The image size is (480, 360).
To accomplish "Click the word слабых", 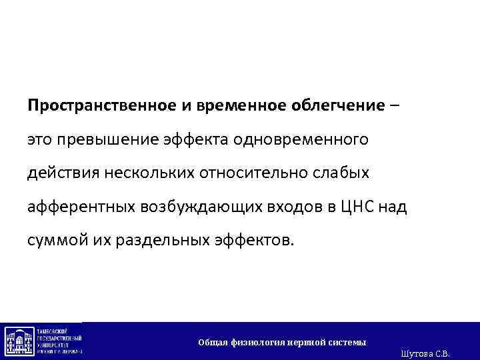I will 347,173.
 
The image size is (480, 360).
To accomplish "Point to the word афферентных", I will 81,207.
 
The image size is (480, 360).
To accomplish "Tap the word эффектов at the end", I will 255,241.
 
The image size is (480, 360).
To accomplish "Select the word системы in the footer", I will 348,342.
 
